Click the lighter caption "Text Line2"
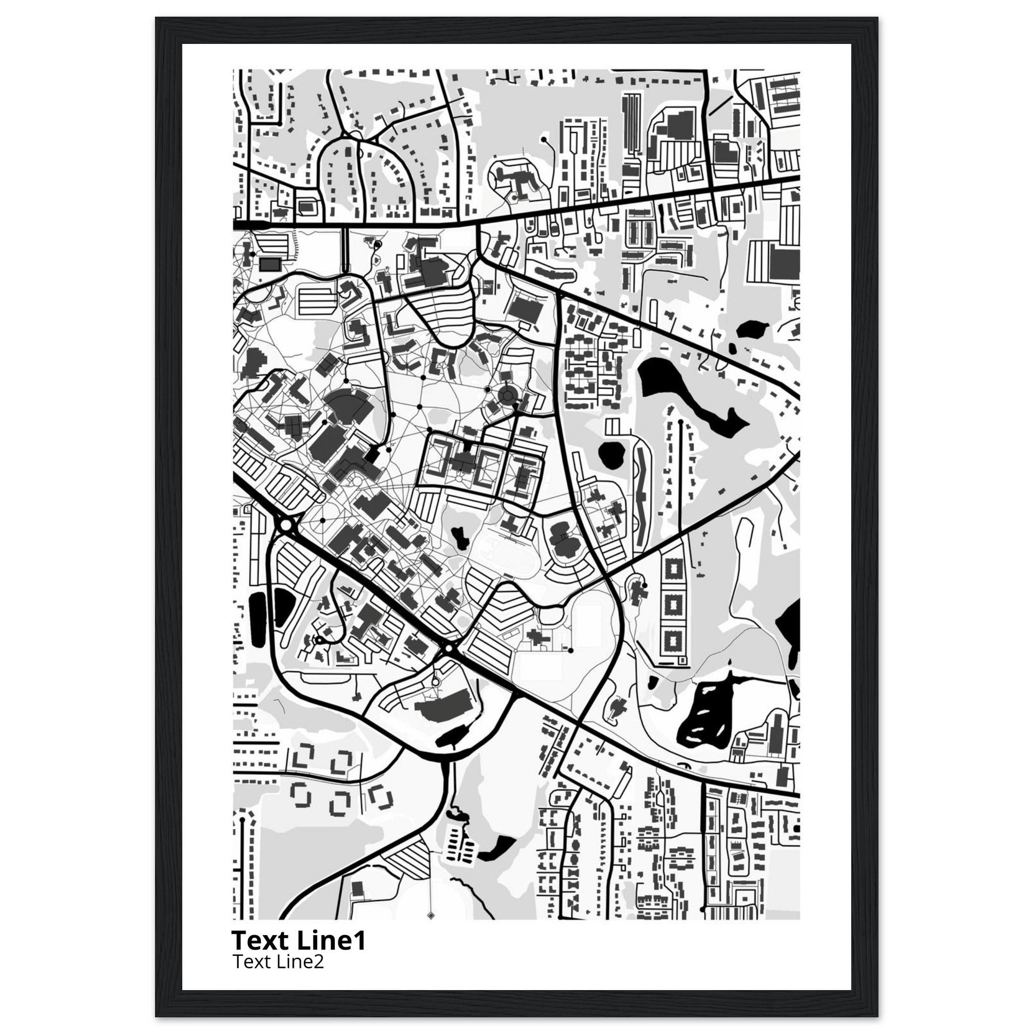click(x=278, y=962)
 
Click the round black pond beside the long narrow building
click(x=612, y=454)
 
